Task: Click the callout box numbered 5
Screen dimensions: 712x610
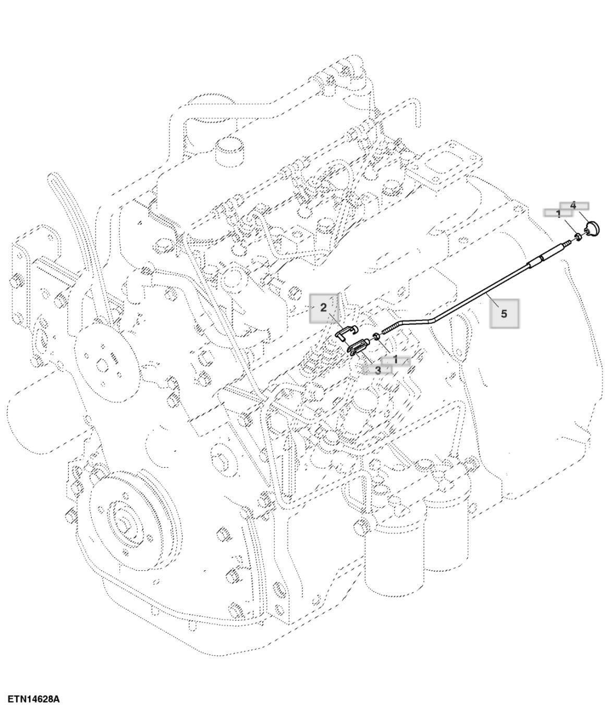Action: [x=504, y=313]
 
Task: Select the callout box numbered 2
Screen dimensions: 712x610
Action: [x=323, y=307]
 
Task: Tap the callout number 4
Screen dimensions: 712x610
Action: [x=574, y=205]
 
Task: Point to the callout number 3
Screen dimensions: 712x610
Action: [x=377, y=370]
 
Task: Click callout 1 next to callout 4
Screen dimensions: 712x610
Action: [x=558, y=213]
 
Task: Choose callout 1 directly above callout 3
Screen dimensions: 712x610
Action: [x=395, y=360]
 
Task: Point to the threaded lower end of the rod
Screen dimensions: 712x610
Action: [x=391, y=328]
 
